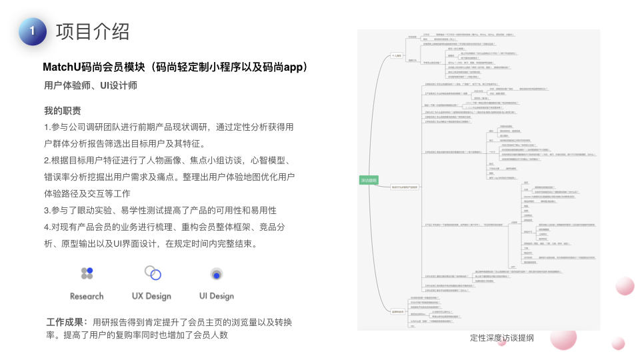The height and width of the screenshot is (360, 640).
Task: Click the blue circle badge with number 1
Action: pyautogui.click(x=33, y=31)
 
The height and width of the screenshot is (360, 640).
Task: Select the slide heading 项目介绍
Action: pyautogui.click(x=93, y=31)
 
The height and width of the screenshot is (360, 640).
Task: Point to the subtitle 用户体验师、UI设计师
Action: pyautogui.click(x=92, y=86)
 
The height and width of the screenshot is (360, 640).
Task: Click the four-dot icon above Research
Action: pyautogui.click(x=87, y=273)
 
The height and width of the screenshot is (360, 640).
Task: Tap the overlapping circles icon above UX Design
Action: pyautogui.click(x=152, y=273)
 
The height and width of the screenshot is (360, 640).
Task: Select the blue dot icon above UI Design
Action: pyautogui.click(x=216, y=273)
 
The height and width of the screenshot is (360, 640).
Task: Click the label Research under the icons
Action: pyautogui.click(x=87, y=296)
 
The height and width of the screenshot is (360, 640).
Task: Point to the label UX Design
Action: pyautogui.click(x=151, y=296)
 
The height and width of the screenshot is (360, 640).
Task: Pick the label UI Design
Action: pyautogui.click(x=217, y=296)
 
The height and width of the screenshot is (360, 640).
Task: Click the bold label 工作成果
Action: pyautogui.click(x=67, y=322)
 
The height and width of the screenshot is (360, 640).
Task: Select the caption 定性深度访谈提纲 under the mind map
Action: pyautogui.click(x=501, y=337)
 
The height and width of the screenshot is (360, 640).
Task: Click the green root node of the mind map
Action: pyautogui.click(x=368, y=180)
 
